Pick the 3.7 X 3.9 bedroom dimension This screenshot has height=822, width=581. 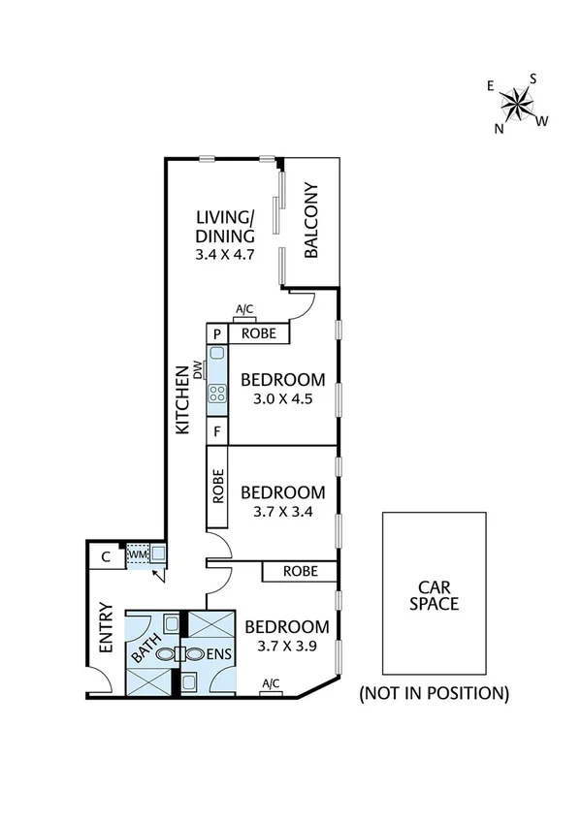pos(286,646)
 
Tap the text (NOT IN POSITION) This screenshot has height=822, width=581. pos(434,693)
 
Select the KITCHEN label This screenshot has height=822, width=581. pos(181,399)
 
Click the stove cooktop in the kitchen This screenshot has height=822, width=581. pos(216,395)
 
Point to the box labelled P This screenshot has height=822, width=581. pos(216,333)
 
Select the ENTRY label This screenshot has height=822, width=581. pos(106,629)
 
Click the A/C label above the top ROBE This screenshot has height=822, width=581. pos(244,310)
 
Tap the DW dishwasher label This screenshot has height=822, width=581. pos(198,369)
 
